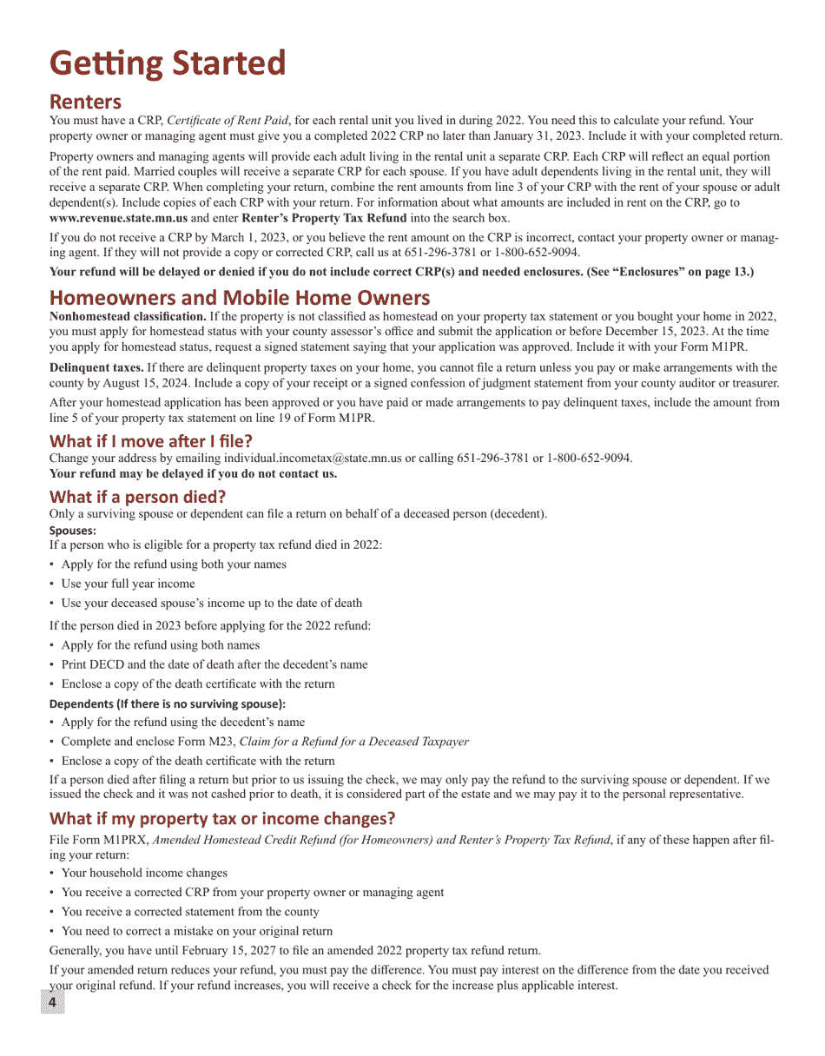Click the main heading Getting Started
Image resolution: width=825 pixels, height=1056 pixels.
168,64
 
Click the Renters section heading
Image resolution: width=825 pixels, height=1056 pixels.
85,102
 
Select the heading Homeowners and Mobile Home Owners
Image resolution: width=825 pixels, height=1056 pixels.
240,298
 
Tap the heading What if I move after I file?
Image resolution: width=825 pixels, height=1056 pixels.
151,440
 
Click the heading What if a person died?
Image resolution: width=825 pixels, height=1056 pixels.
137,497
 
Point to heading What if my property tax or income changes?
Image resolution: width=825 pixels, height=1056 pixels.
222,819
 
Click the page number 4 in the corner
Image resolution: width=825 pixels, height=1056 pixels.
52,1003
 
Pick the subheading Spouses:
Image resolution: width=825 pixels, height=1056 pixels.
73,530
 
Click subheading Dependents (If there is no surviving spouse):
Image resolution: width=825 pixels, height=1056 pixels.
168,703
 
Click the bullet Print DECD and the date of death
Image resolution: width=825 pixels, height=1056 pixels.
214,664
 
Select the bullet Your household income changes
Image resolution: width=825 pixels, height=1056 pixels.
144,873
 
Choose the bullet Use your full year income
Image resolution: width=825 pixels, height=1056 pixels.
128,584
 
